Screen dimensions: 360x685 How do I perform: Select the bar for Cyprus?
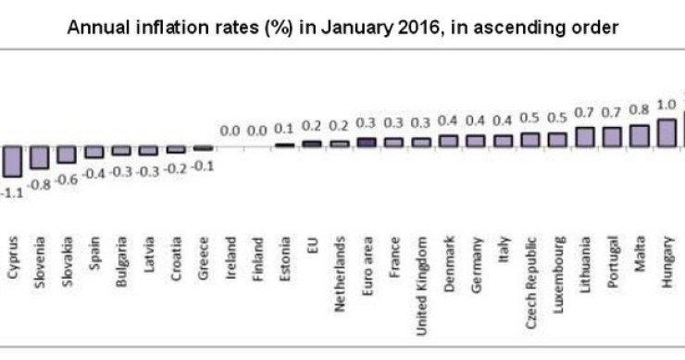[x=11, y=160]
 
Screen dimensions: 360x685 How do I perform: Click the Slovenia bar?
[x=39, y=156]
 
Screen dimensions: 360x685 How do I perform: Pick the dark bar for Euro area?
[x=367, y=143]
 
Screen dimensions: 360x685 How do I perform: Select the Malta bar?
[x=639, y=136]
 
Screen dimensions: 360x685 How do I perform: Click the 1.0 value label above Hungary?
[x=666, y=105]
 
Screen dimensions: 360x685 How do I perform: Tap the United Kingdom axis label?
[x=421, y=269]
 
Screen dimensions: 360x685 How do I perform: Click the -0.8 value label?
[x=39, y=183]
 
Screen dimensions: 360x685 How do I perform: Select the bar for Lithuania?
[x=584, y=137]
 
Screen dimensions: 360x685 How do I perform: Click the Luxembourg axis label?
[x=558, y=263]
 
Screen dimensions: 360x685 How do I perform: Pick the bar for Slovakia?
[x=66, y=154]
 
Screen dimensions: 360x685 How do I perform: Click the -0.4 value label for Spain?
[x=93, y=173]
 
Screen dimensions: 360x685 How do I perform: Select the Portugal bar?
[x=612, y=137]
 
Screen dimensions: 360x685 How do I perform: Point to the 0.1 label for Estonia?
[x=285, y=130]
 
